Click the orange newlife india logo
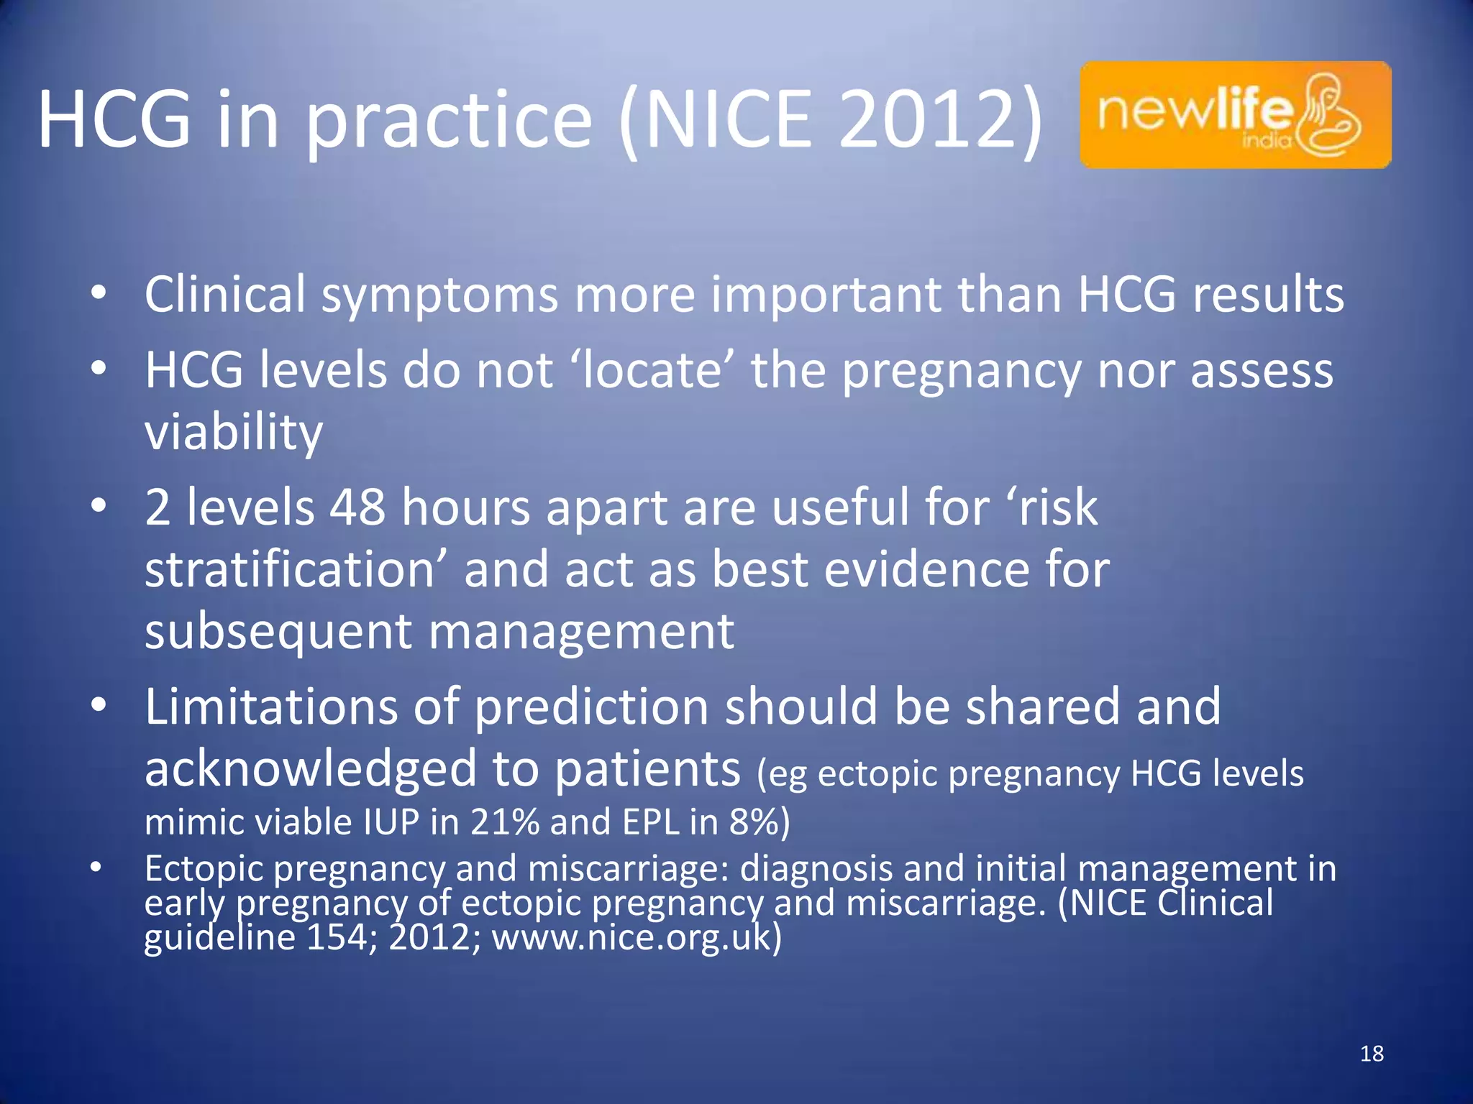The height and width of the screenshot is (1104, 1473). (x=1235, y=115)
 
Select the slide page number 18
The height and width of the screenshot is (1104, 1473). (x=1372, y=1054)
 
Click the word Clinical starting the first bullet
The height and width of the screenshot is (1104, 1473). (x=224, y=294)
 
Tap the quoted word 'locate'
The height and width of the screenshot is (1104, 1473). (x=652, y=369)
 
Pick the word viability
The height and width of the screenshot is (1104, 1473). (x=234, y=432)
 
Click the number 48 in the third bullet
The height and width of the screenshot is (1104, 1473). (x=357, y=507)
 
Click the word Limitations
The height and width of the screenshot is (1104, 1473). (x=270, y=706)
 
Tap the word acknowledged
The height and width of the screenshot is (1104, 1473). (x=310, y=768)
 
